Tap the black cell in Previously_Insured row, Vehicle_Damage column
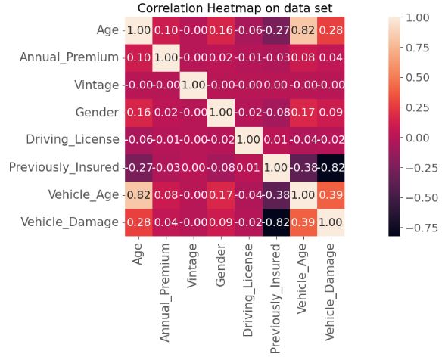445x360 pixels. [x=331, y=166]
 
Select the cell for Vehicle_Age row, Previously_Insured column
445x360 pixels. [x=276, y=194]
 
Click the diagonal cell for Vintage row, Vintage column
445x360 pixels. [x=194, y=84]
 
